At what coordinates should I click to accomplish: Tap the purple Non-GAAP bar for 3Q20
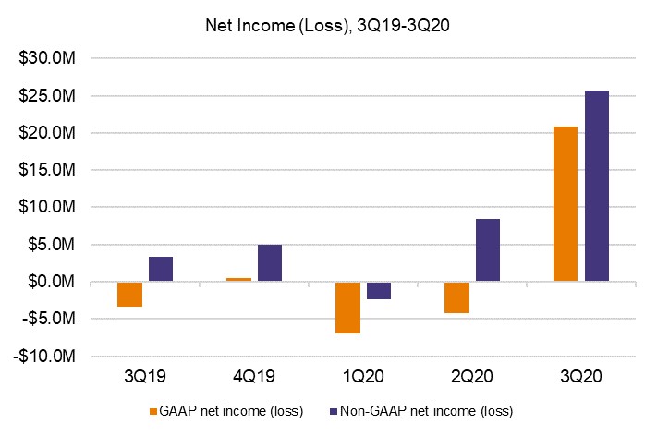pos(596,186)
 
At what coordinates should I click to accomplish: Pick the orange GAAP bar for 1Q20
pos(347,307)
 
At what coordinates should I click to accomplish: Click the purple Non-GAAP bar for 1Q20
pos(378,290)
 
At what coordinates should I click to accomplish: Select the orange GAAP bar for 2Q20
pos(456,297)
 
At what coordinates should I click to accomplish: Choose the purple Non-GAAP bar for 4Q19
pos(270,262)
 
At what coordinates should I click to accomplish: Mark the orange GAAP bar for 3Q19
pos(130,294)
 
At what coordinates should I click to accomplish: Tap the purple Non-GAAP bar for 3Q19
pos(161,269)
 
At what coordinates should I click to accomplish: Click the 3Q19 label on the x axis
pos(145,377)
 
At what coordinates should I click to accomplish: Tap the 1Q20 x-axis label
pos(363,377)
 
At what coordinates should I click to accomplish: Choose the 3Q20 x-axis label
pos(580,377)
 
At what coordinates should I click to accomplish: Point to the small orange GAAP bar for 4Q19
pos(238,279)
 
